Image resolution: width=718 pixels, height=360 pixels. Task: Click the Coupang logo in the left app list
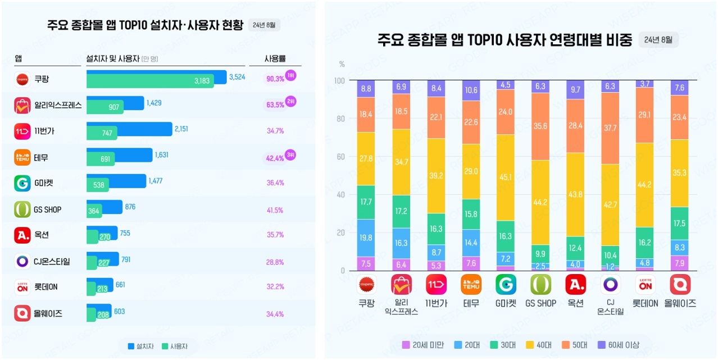(22, 79)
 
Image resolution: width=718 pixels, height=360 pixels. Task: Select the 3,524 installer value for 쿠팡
(237, 77)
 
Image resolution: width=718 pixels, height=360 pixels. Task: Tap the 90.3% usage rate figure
(275, 79)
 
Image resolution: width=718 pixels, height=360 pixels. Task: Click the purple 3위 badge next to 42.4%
(290, 154)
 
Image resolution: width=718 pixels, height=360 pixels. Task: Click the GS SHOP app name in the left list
(47, 209)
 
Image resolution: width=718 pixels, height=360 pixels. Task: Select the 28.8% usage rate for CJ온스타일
(275, 262)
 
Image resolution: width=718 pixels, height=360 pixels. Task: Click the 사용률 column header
(275, 58)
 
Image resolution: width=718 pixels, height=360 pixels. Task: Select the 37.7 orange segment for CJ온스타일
(610, 128)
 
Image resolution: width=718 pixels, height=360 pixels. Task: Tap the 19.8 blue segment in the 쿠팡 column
(366, 238)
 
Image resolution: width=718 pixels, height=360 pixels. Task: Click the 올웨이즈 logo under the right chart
(680, 285)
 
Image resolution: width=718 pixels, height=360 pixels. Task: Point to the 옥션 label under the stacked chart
(575, 303)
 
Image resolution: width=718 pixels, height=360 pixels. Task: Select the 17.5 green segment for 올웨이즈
(680, 224)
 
